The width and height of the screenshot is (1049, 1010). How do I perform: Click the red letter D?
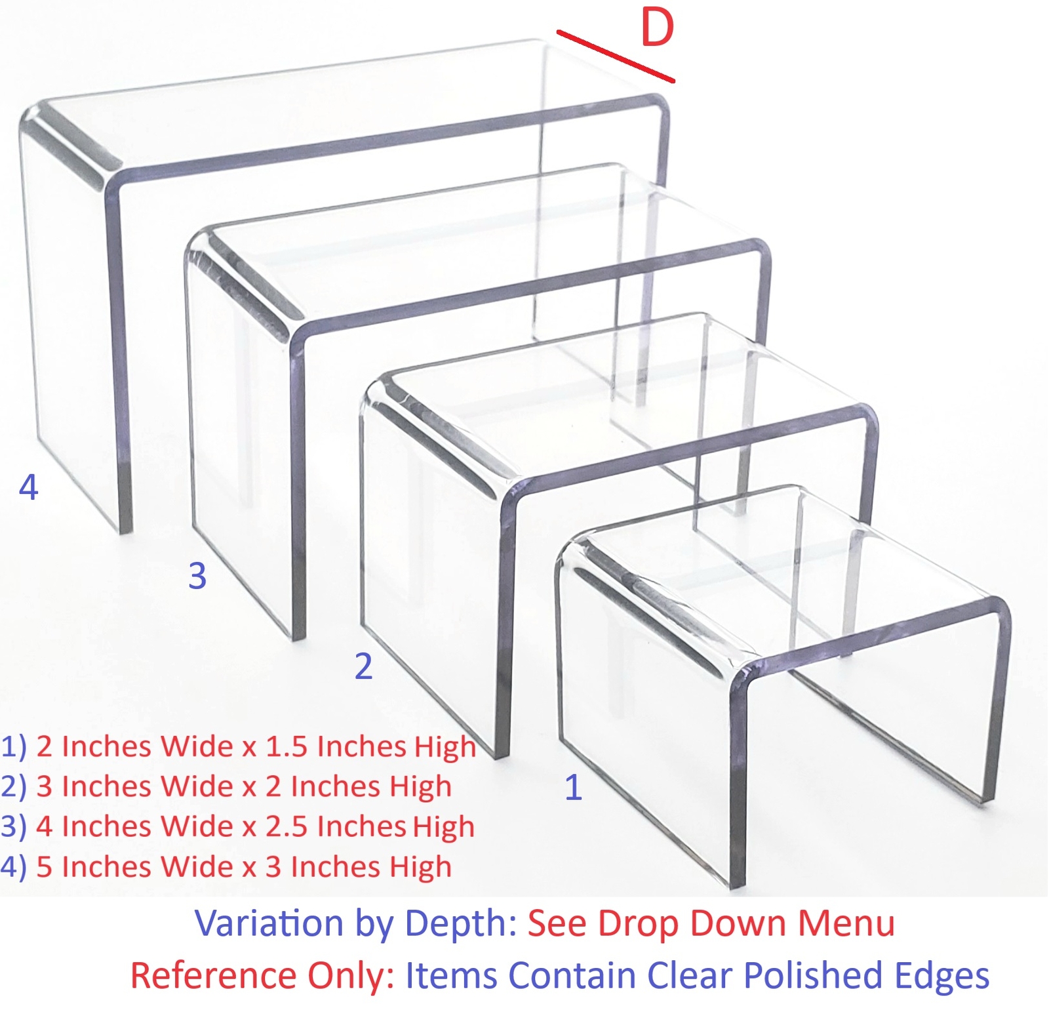point(657,28)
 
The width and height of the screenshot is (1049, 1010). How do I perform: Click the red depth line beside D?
point(615,56)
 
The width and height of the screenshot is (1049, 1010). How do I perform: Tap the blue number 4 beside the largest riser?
point(29,487)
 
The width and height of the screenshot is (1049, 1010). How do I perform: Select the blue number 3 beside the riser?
point(197,576)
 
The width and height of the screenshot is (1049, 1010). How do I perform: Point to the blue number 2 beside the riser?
point(363,666)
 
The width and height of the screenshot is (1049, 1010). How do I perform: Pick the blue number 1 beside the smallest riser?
point(573,787)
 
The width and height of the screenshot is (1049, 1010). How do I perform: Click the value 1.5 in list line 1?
point(287,747)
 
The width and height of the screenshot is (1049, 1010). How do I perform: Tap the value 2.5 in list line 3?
point(287,827)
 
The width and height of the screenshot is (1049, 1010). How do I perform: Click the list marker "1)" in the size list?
point(13,747)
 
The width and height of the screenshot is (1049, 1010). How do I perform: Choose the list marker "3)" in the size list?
point(13,827)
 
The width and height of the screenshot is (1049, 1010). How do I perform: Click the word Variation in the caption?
point(269,923)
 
